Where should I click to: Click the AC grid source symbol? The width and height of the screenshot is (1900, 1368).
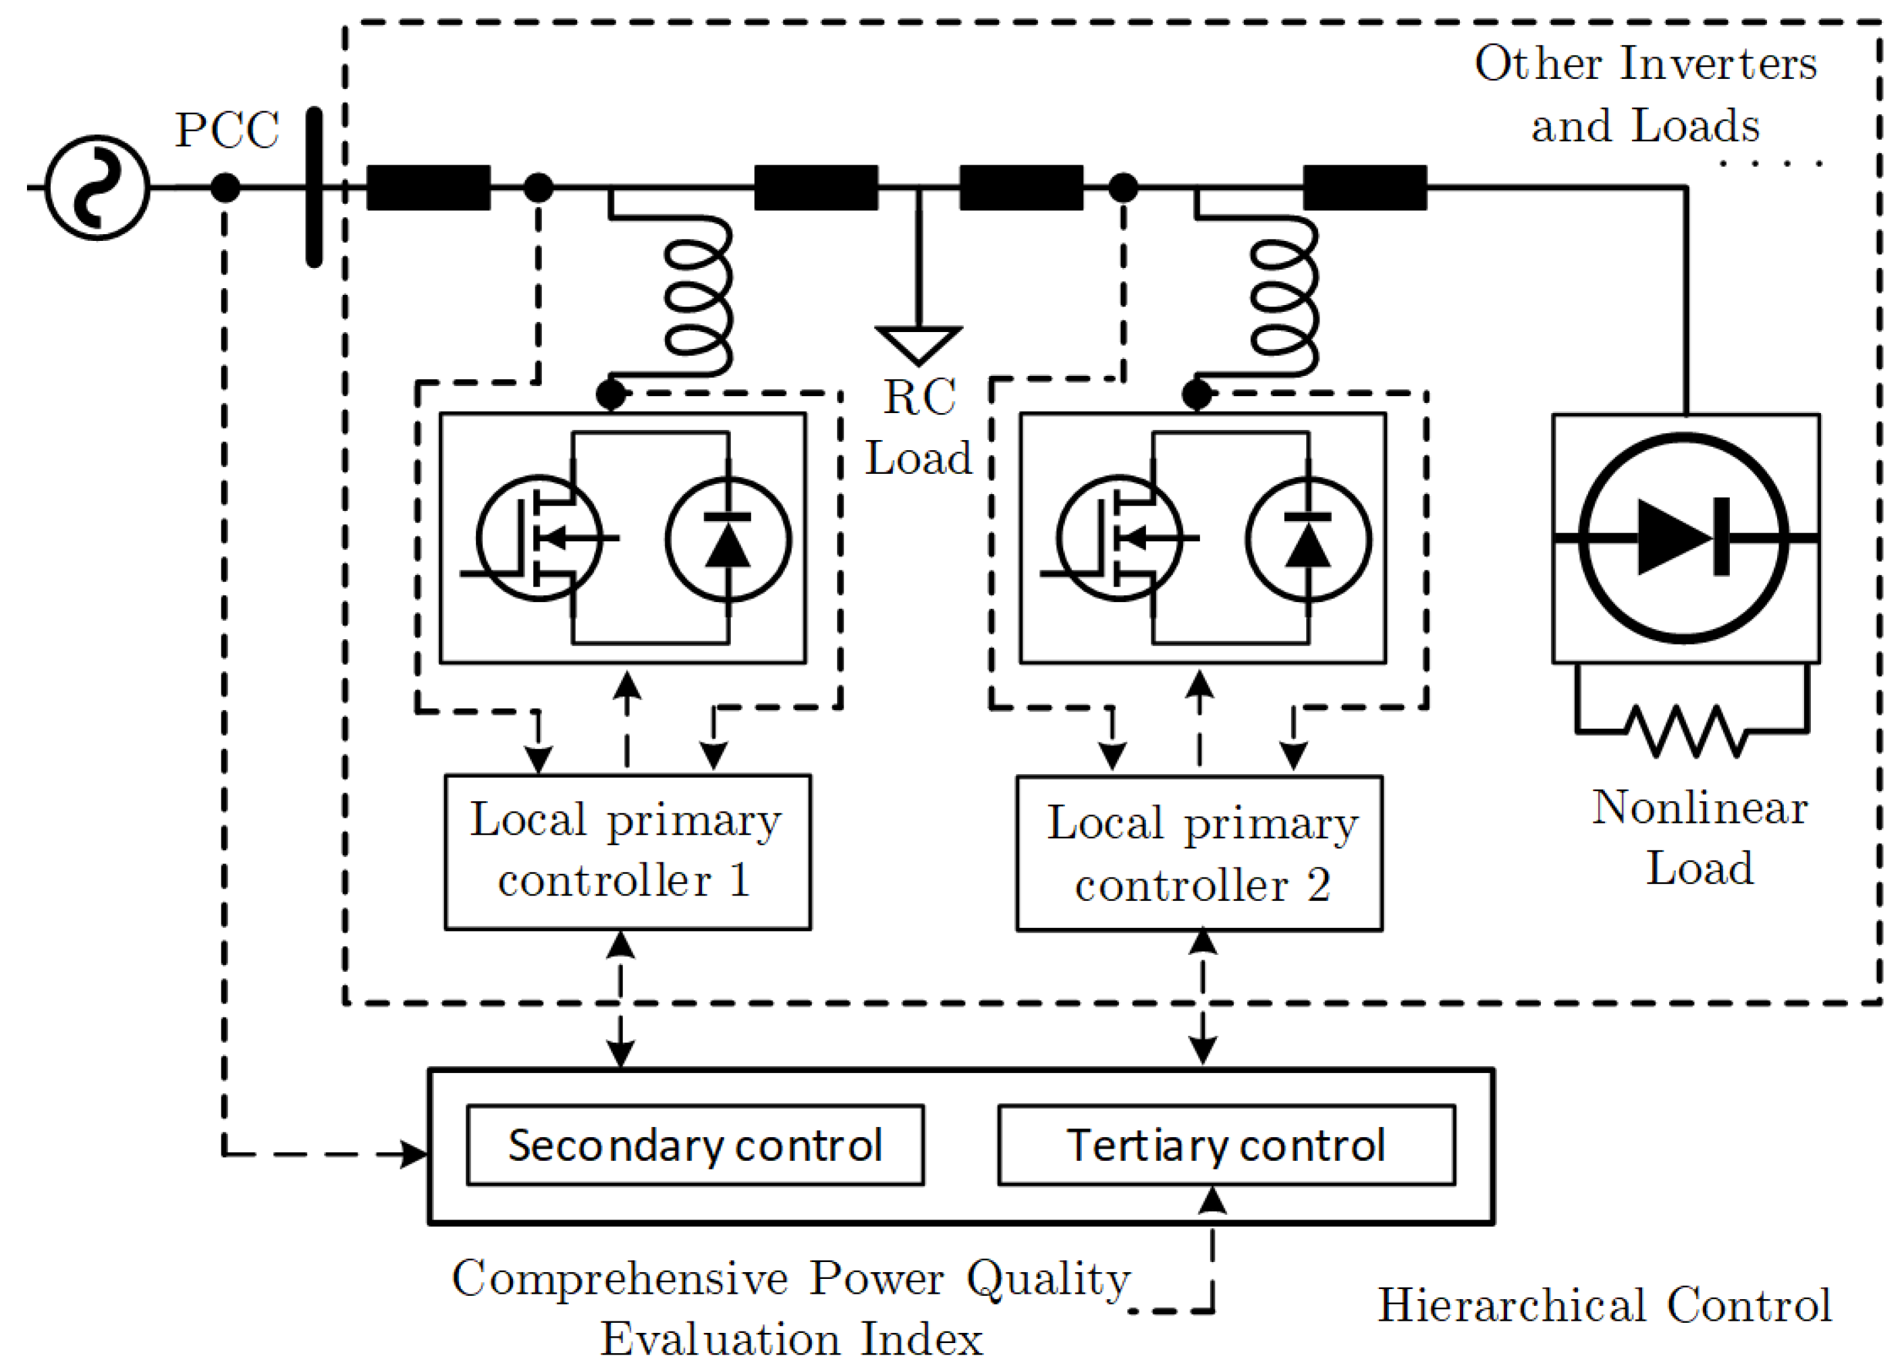tap(97, 187)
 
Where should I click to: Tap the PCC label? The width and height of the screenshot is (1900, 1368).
tap(226, 131)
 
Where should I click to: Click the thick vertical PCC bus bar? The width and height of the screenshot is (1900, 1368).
tap(314, 187)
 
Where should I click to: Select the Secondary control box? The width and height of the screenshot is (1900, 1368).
tap(695, 1145)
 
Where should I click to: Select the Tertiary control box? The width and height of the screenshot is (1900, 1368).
tap(1226, 1145)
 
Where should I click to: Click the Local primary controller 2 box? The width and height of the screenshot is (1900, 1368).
tap(1199, 853)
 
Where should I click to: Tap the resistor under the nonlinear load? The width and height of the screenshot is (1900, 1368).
tap(1685, 730)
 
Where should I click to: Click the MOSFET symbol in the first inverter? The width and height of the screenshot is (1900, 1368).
tap(539, 538)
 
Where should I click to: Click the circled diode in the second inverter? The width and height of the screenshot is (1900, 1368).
tap(1307, 539)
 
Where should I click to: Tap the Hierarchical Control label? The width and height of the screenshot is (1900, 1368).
tap(1604, 1305)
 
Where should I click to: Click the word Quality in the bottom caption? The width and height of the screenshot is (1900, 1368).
tap(1048, 1279)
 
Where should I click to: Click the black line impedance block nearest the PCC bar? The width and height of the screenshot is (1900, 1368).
tap(428, 187)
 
